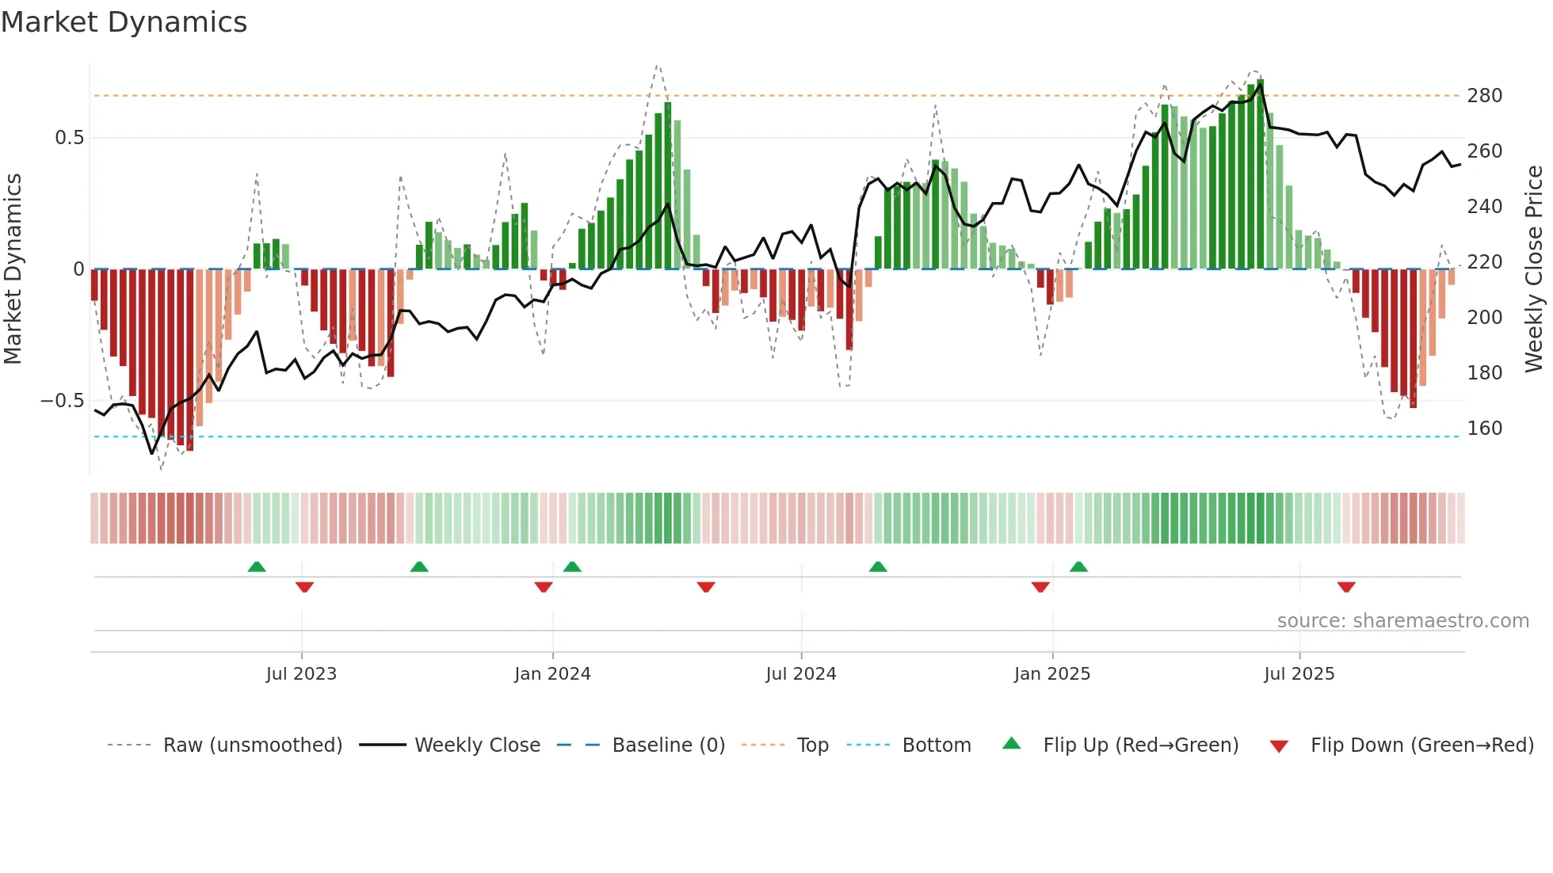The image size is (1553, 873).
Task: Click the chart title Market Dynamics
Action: (x=124, y=22)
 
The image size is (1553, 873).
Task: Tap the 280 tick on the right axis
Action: (x=1484, y=96)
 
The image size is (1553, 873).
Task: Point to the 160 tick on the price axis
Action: (x=1484, y=429)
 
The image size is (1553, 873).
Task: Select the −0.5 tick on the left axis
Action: (x=63, y=401)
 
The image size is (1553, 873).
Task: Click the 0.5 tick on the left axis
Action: (x=70, y=138)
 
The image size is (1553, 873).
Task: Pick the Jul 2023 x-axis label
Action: (x=301, y=674)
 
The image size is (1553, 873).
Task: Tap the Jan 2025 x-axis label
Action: (x=1052, y=674)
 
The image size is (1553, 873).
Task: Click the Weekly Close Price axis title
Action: (x=1534, y=269)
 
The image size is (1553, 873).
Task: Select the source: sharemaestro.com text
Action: (x=1402, y=621)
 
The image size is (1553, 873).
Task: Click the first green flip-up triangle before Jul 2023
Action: (x=257, y=566)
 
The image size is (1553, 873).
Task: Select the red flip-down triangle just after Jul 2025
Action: (x=1346, y=587)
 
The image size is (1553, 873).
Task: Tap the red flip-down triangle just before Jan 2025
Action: (x=1040, y=587)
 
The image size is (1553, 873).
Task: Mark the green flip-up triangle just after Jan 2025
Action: (x=1078, y=566)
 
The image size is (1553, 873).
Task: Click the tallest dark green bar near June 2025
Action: (x=1260, y=174)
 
